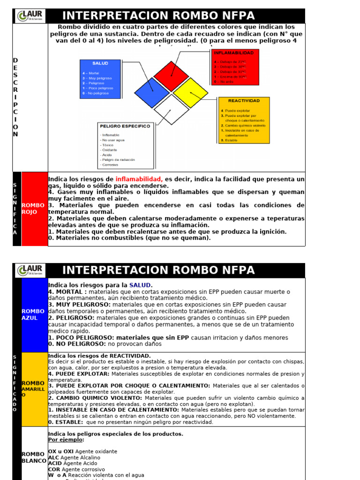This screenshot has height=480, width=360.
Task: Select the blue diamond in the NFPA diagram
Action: tap(151, 92)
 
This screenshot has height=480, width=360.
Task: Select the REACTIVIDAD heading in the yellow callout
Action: tap(244, 100)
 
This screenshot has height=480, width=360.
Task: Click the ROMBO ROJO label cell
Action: tap(34, 209)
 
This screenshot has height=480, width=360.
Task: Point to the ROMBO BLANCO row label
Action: tap(34, 457)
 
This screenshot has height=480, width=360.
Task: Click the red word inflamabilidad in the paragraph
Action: tap(139, 179)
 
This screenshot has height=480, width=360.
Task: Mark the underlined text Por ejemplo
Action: tap(66, 440)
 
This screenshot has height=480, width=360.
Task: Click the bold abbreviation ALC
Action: tap(54, 457)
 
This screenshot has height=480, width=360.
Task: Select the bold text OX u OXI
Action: tap(61, 451)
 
